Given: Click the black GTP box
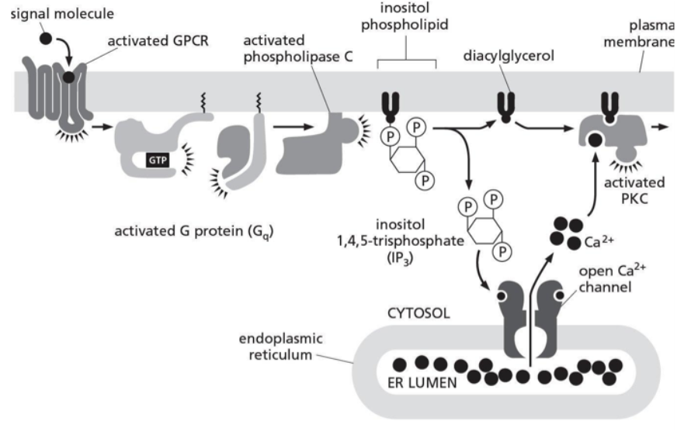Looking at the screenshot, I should point(158,160).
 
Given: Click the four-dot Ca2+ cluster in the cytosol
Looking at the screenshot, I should point(566,230).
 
